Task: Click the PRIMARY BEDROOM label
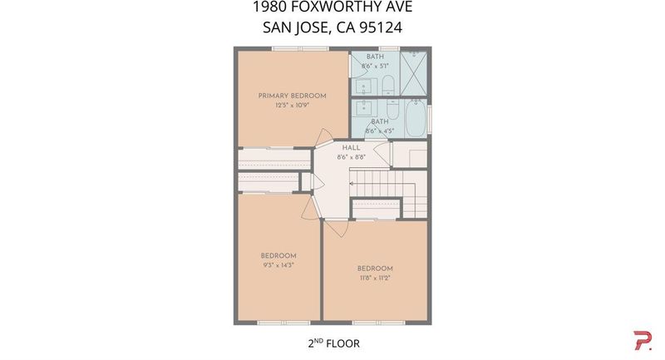(x=293, y=96)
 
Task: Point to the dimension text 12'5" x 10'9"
(x=293, y=105)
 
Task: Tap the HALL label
(x=351, y=147)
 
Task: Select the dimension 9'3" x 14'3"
(x=278, y=265)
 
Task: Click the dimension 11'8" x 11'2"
(x=375, y=279)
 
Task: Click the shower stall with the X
(x=413, y=73)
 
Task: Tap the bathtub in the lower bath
(x=416, y=118)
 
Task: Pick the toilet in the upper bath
(x=388, y=85)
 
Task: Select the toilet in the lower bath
(x=392, y=110)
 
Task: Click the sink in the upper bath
(x=364, y=88)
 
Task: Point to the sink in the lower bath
(x=364, y=108)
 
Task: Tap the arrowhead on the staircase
(x=352, y=184)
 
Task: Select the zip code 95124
(x=381, y=27)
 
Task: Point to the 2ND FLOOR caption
(x=334, y=343)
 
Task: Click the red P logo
(x=643, y=341)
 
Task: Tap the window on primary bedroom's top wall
(x=301, y=49)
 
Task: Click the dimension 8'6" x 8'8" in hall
(x=351, y=157)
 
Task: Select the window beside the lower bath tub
(x=429, y=119)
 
